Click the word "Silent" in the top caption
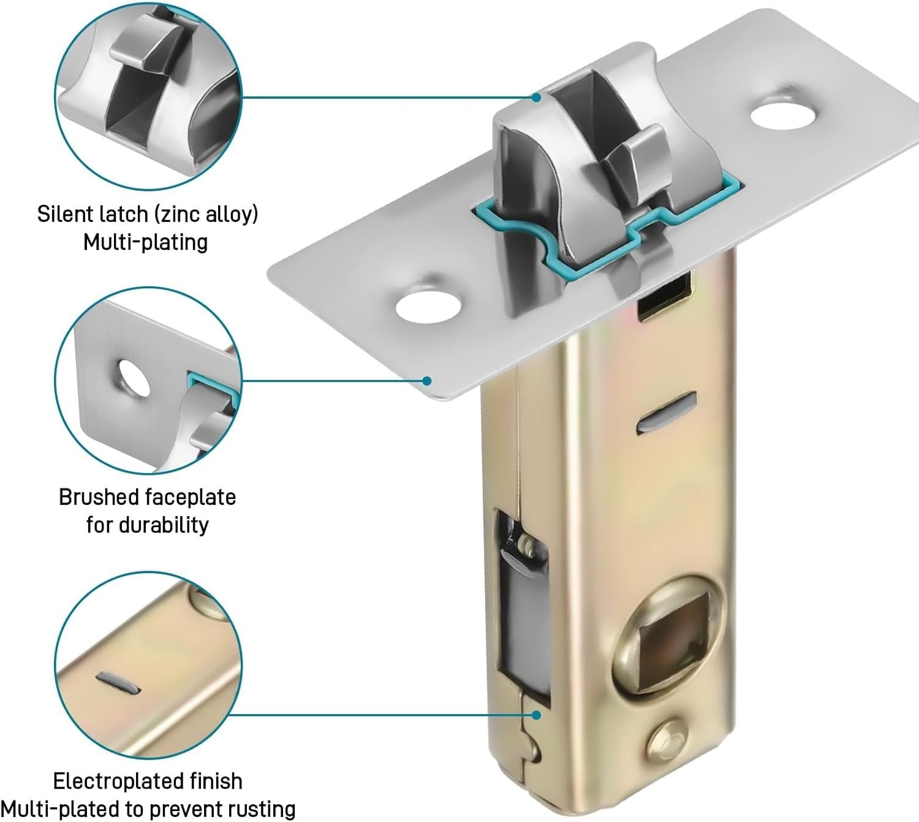tap(65, 214)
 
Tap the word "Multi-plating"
tap(146, 242)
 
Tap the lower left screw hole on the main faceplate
tap(428, 307)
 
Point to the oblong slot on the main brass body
tap(667, 412)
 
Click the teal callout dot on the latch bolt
tap(537, 97)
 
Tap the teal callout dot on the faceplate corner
tap(426, 381)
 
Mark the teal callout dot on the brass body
tap(537, 715)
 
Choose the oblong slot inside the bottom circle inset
tap(118, 683)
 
